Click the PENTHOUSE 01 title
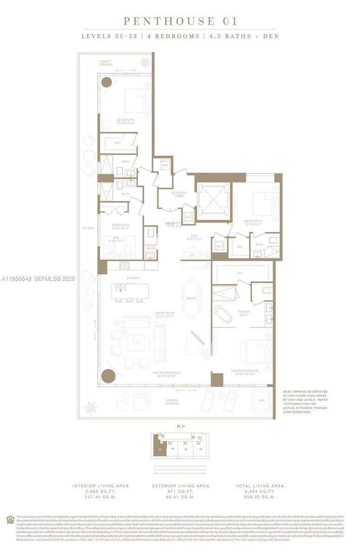point(180,21)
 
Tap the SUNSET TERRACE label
point(106,63)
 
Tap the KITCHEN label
point(120,278)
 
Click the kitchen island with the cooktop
point(129,291)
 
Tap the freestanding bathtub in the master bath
point(223,314)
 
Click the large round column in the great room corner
point(108,376)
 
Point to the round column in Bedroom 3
point(106,82)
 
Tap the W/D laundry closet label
point(164,165)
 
